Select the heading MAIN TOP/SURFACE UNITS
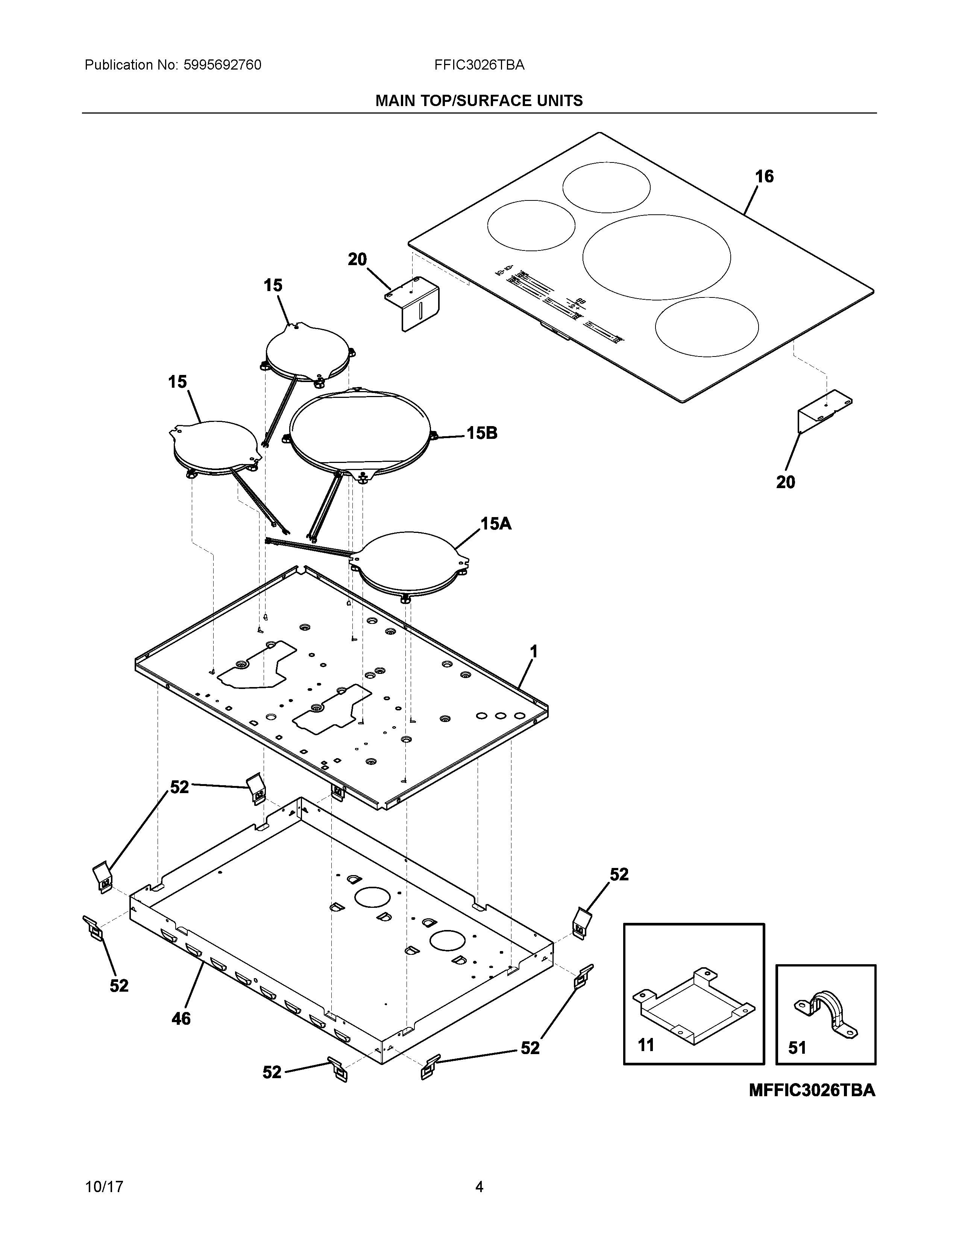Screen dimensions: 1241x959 (479, 101)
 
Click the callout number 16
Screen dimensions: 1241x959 (764, 177)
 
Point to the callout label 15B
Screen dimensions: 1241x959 (482, 434)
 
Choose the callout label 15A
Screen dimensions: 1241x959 (496, 524)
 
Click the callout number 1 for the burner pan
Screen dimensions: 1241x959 (534, 652)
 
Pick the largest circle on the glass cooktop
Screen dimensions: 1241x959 (657, 257)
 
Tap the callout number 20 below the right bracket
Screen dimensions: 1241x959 (786, 482)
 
